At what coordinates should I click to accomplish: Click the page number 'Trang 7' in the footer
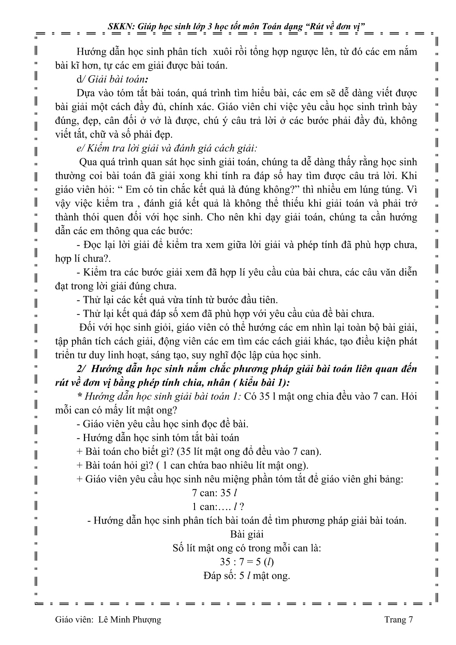coord(399,620)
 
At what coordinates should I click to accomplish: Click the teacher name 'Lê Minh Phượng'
coord(130,620)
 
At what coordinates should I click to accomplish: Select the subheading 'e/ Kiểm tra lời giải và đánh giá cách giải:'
coord(167,149)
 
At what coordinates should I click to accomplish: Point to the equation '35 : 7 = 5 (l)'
coord(247,562)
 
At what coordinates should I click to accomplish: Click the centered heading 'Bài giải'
coord(247,534)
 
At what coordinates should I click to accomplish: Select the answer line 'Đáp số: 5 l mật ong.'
coord(247,576)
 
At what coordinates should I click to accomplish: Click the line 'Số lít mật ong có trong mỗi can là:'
coord(247,548)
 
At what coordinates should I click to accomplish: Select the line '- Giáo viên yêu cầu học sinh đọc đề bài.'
coord(162,424)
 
